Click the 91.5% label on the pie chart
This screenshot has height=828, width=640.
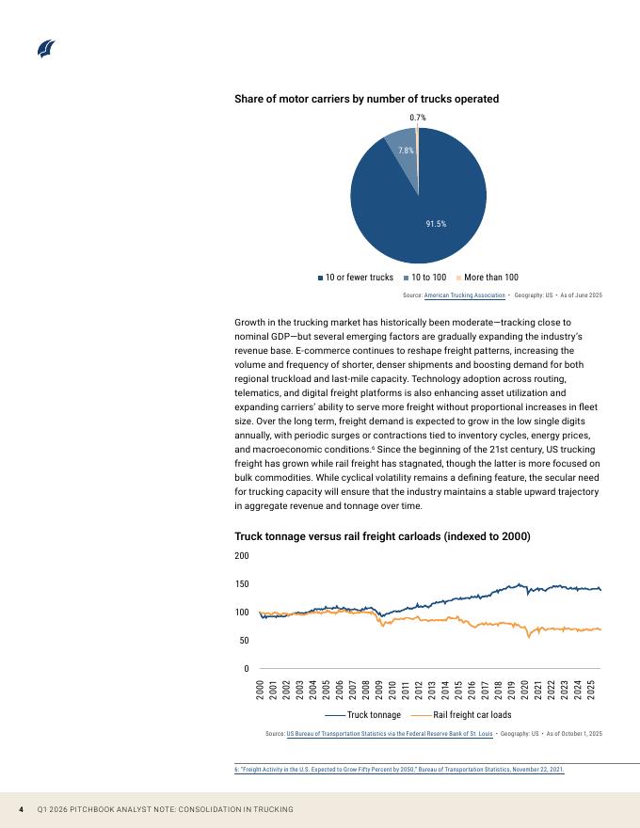pyautogui.click(x=436, y=224)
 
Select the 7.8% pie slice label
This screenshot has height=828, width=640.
pyautogui.click(x=406, y=151)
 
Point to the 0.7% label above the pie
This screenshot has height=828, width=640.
pyautogui.click(x=418, y=118)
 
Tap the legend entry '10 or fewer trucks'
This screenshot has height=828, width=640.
pyautogui.click(x=356, y=278)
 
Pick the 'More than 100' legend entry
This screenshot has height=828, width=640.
pyautogui.click(x=487, y=278)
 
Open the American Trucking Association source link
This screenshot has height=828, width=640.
pyautogui.click(x=465, y=295)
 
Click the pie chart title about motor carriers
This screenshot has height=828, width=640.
pyautogui.click(x=366, y=99)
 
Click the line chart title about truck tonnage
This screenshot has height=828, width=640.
pyautogui.click(x=382, y=536)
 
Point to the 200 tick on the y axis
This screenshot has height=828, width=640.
pyautogui.click(x=242, y=556)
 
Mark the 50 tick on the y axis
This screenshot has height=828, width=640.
pyautogui.click(x=244, y=641)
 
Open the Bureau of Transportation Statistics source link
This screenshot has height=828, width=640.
pyautogui.click(x=390, y=733)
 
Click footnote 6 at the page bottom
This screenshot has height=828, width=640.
pyautogui.click(x=399, y=770)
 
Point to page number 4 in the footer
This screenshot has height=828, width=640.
pyautogui.click(x=22, y=810)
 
